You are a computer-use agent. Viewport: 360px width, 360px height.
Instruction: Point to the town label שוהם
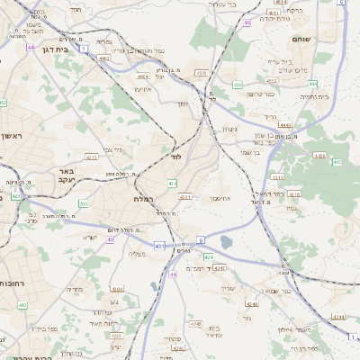(301, 40)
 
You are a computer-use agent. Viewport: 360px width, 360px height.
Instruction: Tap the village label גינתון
(229, 129)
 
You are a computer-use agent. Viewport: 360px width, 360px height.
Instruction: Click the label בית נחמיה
(314, 96)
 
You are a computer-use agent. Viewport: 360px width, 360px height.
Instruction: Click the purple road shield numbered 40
(110, 239)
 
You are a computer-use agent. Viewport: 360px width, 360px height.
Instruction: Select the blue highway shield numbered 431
(159, 245)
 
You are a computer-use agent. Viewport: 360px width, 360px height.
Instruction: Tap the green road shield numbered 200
(83, 203)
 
